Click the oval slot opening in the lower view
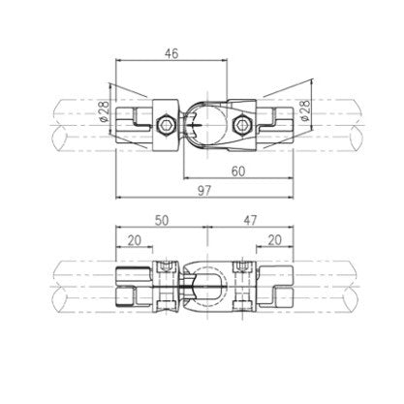pos(202,288)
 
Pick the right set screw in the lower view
pos(239,269)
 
